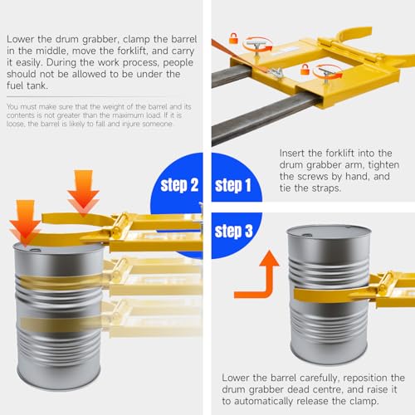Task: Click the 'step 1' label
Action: (233, 185)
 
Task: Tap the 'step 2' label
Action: (179, 185)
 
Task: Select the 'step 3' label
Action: (233, 231)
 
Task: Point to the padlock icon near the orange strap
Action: (233, 38)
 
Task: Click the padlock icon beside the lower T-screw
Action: (305, 69)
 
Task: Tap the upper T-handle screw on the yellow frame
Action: (257, 46)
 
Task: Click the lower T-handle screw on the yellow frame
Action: (326, 76)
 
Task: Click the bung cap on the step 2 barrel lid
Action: (35, 250)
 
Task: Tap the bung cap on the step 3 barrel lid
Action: (306, 235)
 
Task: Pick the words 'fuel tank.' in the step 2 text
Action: (27, 85)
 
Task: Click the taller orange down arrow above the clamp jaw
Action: (83, 193)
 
